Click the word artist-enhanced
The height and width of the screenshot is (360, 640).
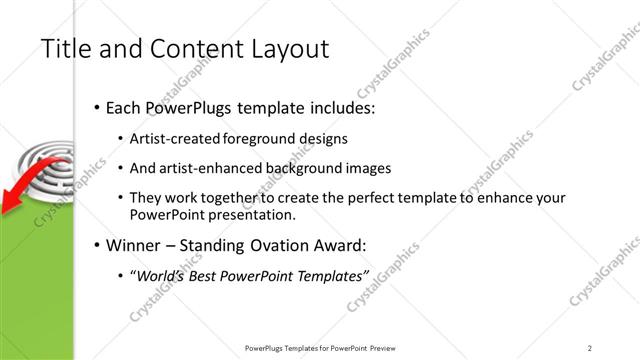point(210,168)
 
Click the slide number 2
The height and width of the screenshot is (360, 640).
point(590,348)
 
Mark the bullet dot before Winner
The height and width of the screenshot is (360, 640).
point(96,244)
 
